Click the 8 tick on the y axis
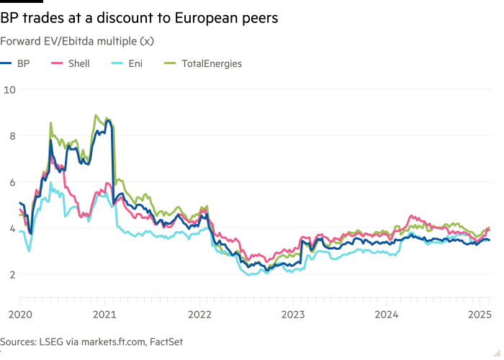(8, 135)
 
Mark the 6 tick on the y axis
(8, 182)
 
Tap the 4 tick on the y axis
(8, 228)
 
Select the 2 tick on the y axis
(8, 274)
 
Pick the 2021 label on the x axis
(106, 314)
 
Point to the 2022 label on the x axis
(199, 314)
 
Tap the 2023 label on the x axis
(293, 314)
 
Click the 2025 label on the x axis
(478, 314)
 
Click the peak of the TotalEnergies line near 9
(96, 115)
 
